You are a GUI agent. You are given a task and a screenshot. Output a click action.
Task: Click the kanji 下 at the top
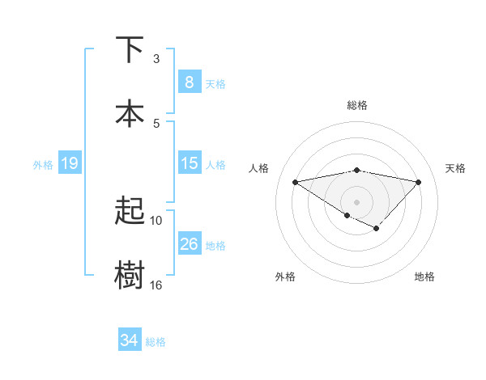coord(130,49)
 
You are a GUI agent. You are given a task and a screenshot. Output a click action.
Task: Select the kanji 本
coord(130,112)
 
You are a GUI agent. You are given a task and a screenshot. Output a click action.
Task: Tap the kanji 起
coord(130,211)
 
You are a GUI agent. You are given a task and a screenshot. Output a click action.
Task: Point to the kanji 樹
coord(130,274)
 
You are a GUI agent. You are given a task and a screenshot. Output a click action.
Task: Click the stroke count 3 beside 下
coord(156,58)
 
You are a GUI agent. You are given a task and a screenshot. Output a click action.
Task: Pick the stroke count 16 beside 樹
coord(156,285)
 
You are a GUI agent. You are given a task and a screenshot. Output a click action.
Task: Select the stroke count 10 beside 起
coord(156,220)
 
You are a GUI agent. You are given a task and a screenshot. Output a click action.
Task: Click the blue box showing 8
coord(189,82)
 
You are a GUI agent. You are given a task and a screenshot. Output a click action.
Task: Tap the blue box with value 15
coord(189,164)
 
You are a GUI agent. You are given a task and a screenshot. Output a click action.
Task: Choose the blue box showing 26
coord(189,244)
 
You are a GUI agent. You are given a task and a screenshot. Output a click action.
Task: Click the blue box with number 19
coord(69,164)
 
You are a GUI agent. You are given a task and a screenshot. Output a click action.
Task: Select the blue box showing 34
coord(129,340)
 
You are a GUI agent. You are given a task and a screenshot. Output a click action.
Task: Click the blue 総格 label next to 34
coord(156,342)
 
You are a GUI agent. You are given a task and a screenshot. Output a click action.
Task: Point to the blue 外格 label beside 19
coord(43,165)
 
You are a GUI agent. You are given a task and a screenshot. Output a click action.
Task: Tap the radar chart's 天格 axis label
coord(455,168)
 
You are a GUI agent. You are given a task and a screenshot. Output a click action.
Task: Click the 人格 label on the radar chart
coord(258,168)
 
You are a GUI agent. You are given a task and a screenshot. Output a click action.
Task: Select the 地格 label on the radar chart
coord(424,277)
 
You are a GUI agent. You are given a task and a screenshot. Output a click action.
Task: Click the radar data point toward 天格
coord(418,182)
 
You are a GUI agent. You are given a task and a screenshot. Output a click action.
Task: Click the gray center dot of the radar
coord(356,201)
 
